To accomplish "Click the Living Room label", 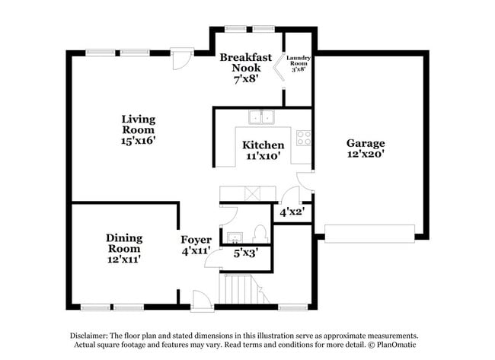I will (x=139, y=129).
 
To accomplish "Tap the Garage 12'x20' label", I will (x=366, y=148).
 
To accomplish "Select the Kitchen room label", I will (x=263, y=150).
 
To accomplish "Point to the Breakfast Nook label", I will (x=245, y=67).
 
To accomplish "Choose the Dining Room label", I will (x=123, y=248).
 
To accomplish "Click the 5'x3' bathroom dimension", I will (x=244, y=253).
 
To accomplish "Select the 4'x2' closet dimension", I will (x=292, y=212).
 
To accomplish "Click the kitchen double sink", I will (x=263, y=117).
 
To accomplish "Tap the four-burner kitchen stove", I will (x=303, y=138).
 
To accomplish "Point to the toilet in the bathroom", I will (x=259, y=234).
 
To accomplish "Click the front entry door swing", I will (x=201, y=301).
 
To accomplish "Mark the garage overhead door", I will (x=369, y=234).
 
